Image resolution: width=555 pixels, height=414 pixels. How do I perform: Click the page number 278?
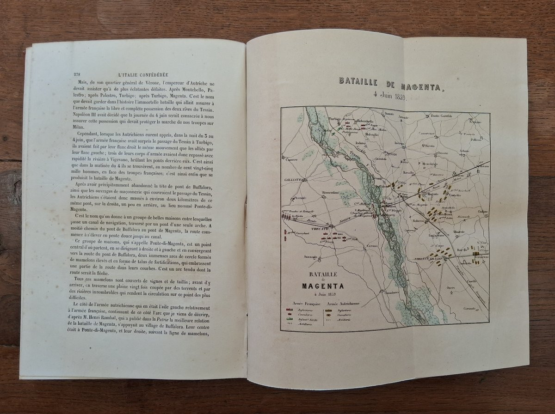click(x=77, y=74)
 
